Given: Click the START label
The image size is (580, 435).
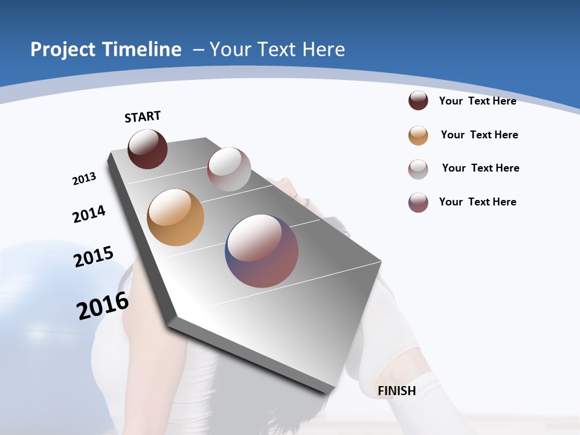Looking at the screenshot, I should tap(143, 117).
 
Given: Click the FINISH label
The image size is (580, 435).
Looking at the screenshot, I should tap(396, 391).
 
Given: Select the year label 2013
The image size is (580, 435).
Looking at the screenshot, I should tap(84, 179).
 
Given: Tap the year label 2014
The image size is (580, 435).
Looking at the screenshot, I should tap(89, 214).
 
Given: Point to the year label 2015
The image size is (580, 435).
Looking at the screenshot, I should tap(93, 256).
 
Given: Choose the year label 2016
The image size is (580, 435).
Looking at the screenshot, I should tap(102, 306).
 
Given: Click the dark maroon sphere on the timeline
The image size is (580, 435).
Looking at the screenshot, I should tap(147, 149).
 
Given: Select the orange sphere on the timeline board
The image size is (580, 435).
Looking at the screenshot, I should tap(175, 217).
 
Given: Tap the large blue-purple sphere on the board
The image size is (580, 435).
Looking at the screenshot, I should tap(262, 251).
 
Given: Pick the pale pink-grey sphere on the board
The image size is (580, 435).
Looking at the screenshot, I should tap(229, 169).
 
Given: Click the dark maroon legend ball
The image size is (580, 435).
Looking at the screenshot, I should tap(418, 101).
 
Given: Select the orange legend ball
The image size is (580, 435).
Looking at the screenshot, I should tap(418, 135).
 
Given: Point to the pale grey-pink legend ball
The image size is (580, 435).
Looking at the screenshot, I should tap(418, 169).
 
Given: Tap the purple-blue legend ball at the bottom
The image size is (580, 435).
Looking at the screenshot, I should tap(418, 202).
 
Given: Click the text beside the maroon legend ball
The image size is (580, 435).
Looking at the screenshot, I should tap(477, 101).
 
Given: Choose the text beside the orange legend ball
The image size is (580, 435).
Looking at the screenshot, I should tap(479, 135).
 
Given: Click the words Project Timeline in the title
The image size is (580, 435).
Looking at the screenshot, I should tap(106, 50).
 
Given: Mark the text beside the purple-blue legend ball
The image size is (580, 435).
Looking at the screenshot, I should tap(477, 202).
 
